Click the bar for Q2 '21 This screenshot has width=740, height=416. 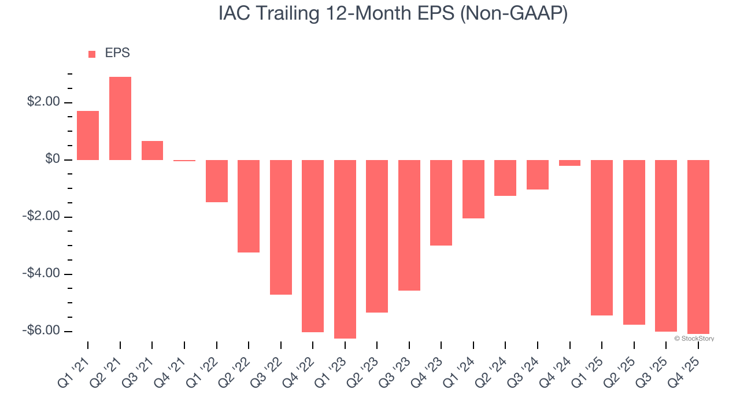[x=120, y=118]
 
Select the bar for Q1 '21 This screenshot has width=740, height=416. [x=88, y=135]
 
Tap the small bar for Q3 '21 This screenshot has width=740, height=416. [x=152, y=150]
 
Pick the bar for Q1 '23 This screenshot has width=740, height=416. [x=345, y=249]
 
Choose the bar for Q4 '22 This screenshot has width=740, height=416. [x=313, y=246]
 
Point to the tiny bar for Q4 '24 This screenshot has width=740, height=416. [x=569, y=163]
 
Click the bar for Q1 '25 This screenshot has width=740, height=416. [x=602, y=237]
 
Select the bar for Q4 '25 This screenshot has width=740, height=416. [x=698, y=247]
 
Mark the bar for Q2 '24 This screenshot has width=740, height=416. [x=505, y=178]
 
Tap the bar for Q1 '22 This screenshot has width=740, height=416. [x=217, y=181]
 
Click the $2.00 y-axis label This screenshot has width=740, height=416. [x=43, y=102]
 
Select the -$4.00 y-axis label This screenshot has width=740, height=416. [x=41, y=273]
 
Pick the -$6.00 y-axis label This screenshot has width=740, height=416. [x=41, y=330]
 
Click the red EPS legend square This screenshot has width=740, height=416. [x=92, y=54]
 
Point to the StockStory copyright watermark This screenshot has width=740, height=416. [x=694, y=339]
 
